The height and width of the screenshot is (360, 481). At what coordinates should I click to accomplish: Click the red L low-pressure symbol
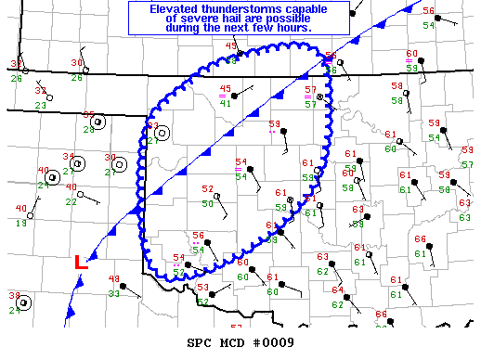(81, 263)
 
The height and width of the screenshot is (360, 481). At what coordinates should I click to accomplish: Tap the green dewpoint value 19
(20, 224)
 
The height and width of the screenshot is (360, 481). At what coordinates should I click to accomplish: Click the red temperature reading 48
(115, 279)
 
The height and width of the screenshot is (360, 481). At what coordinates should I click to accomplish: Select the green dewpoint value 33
(113, 293)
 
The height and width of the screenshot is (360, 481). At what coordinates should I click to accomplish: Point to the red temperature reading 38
(15, 296)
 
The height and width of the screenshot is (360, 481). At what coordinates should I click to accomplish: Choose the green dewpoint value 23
(41, 105)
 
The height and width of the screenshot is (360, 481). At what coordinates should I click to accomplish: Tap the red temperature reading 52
(207, 189)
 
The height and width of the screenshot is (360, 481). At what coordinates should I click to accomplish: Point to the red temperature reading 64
(338, 289)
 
